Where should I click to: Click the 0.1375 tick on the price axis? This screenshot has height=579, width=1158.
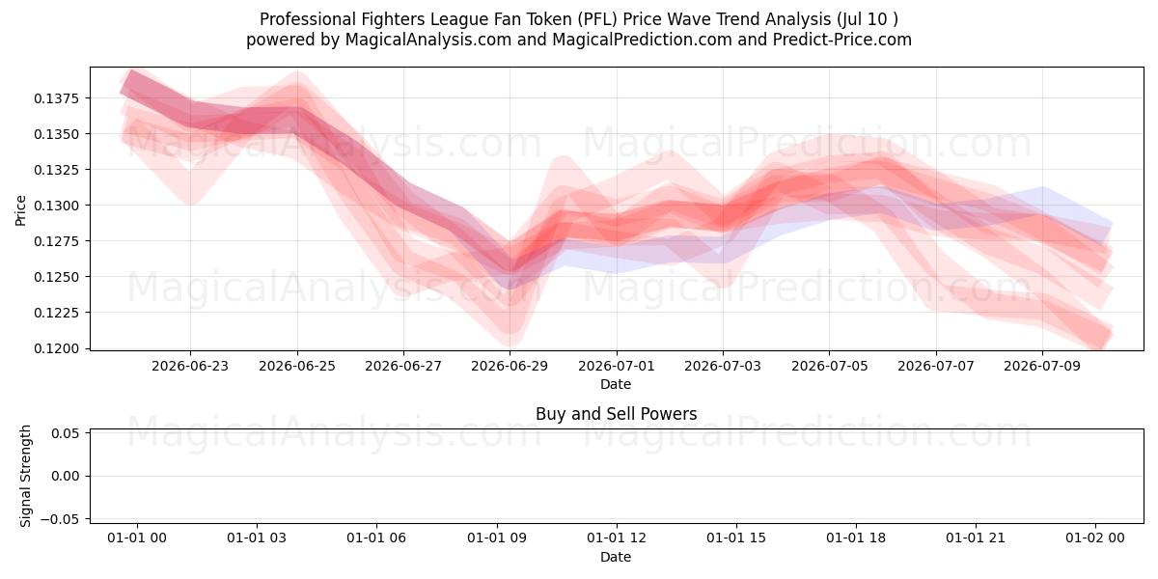tap(56, 98)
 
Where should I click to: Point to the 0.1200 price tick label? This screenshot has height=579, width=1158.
tap(56, 348)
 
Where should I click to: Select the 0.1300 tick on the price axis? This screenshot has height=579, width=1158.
tap(56, 206)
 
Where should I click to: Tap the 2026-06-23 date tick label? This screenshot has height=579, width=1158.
tap(190, 366)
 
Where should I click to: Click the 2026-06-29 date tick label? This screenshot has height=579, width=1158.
tap(510, 366)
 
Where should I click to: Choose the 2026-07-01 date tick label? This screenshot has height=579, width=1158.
tap(617, 366)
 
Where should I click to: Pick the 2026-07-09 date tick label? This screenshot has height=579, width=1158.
tap(1042, 366)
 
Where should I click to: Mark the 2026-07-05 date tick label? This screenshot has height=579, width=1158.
tap(830, 366)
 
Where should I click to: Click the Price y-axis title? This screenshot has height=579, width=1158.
tap(20, 210)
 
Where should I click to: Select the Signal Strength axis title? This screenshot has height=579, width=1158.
tap(25, 476)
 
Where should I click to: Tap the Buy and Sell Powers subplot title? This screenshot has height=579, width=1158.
tap(617, 414)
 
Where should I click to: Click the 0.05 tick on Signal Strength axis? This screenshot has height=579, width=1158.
tap(66, 433)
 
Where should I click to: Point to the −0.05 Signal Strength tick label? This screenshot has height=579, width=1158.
tap(60, 519)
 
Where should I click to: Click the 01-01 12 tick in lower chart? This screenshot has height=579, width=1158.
tap(617, 538)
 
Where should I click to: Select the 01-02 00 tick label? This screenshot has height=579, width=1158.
tap(1095, 538)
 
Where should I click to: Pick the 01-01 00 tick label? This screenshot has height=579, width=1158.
tap(137, 538)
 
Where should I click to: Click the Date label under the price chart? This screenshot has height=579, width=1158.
tap(616, 384)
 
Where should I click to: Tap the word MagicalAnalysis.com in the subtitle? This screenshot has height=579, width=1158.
tap(428, 40)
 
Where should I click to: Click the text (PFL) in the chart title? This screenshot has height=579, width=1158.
tap(597, 19)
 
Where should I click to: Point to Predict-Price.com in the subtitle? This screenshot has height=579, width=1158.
tap(842, 40)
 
